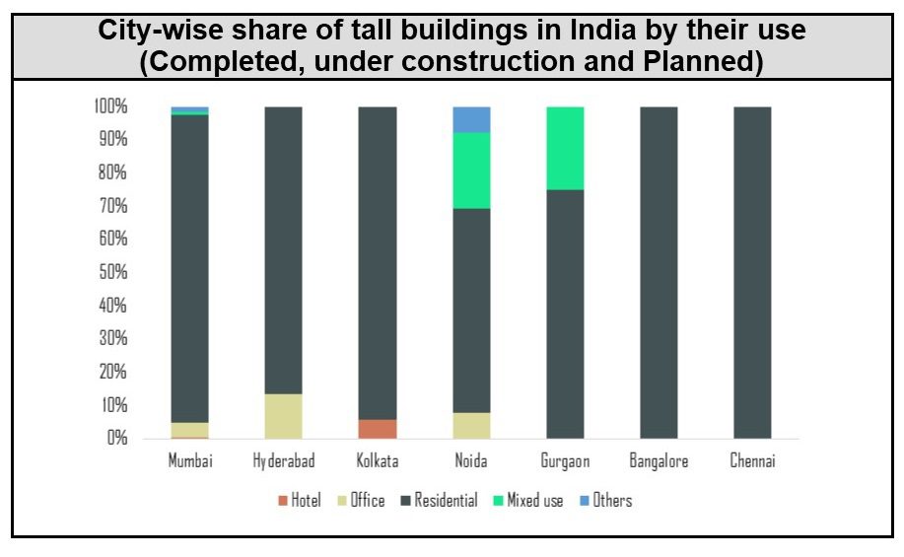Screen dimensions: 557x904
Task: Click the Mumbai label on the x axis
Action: pos(190,461)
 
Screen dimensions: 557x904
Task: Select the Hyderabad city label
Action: pos(284,461)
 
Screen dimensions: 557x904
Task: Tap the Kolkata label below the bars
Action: pos(378,461)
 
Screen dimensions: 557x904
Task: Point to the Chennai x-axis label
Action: pos(752,461)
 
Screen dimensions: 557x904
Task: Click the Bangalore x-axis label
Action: pos(659,461)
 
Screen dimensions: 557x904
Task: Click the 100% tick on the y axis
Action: pos(110,106)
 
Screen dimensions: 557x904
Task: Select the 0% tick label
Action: pos(116,438)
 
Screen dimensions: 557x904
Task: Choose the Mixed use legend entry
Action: pos(535,501)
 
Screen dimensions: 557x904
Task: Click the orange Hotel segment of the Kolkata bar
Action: pos(378,429)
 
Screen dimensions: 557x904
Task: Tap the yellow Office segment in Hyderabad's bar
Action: pos(284,416)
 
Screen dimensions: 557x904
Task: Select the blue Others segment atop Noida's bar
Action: pos(471,119)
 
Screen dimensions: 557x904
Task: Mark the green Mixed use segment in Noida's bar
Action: pos(471,171)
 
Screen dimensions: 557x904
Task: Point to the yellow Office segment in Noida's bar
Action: pos(471,425)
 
